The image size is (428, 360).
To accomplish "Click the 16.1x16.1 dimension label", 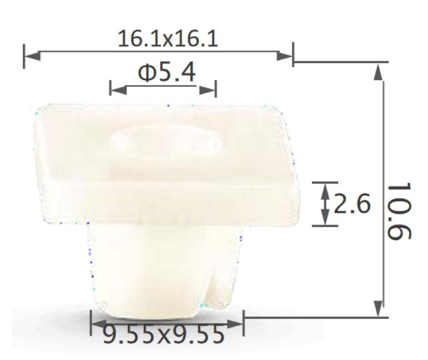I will point(167,39).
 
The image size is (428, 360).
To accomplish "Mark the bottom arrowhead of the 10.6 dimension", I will point(378,309).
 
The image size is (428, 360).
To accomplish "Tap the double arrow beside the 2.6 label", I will point(325,204).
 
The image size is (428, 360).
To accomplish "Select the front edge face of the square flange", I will point(169,202).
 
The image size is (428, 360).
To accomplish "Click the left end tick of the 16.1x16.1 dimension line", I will point(24,55).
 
